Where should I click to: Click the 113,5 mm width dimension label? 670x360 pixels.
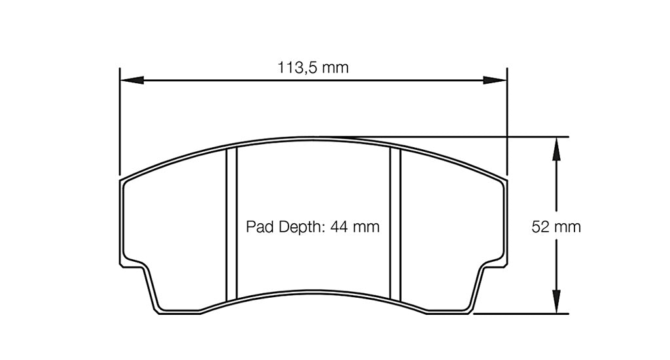(313, 67)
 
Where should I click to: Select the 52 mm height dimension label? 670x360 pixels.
(556, 227)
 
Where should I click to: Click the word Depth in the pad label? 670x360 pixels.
(298, 227)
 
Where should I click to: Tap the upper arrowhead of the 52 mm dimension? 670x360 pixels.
(556, 148)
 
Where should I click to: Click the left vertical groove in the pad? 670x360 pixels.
(231, 223)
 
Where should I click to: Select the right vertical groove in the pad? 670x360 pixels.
(395, 223)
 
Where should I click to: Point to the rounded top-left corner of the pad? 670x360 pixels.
(126, 181)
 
